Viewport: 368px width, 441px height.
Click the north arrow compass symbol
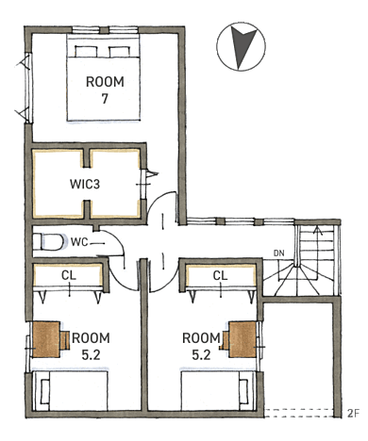click(241, 46)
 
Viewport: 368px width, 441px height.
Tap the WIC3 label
click(85, 184)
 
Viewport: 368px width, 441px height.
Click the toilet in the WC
click(49, 242)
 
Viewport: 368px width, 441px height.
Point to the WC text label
click(79, 242)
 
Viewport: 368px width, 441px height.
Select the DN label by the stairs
click(279, 253)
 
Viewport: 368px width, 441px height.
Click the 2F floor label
click(353, 414)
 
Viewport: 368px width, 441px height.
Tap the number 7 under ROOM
click(105, 99)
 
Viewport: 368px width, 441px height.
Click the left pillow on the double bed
click(86, 52)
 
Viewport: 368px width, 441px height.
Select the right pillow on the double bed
click(119, 52)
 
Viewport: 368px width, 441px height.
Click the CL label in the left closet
click(69, 275)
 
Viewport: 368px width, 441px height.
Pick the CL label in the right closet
click(220, 275)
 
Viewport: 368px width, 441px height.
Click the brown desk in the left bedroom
click(46, 339)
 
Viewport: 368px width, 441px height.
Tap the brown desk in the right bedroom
click(243, 339)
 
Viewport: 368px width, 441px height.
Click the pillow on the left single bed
click(45, 391)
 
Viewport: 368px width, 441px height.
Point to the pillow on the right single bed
click(243, 391)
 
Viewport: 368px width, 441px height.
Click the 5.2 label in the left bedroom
click(91, 355)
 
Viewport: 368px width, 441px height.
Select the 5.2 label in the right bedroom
click(201, 355)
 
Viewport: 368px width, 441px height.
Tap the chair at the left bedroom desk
click(65, 340)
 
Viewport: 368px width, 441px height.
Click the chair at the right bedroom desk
click(224, 340)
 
